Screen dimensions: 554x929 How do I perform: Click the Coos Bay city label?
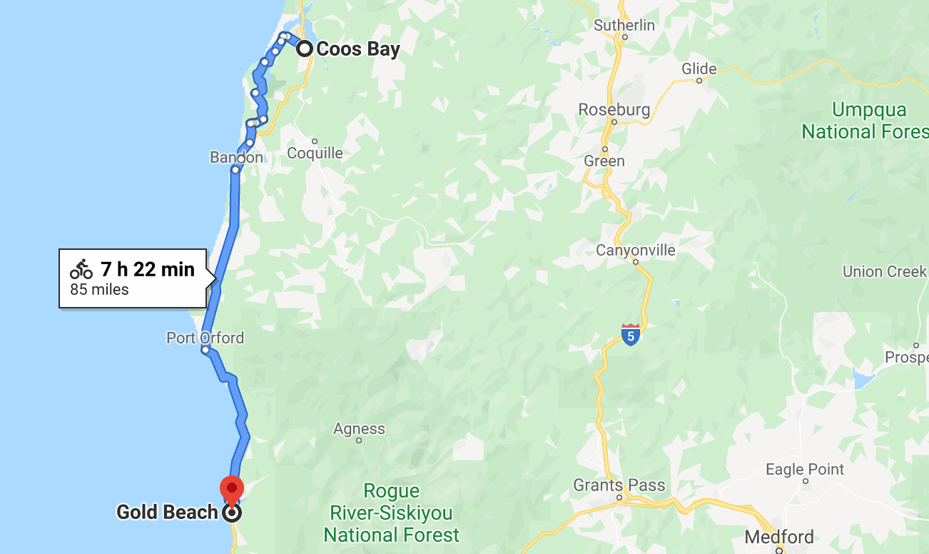tap(357, 49)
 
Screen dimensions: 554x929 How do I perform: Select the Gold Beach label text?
tap(167, 513)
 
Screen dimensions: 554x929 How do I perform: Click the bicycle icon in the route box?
tap(81, 269)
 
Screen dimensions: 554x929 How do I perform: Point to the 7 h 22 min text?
tap(147, 269)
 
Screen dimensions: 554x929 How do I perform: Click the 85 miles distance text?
tap(99, 290)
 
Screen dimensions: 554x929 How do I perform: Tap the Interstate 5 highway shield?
tap(630, 334)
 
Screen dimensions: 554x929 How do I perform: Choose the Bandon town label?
tap(236, 157)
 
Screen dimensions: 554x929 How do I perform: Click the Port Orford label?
tap(205, 338)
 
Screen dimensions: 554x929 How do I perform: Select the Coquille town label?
tap(315, 153)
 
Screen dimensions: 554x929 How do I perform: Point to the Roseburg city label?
tap(614, 110)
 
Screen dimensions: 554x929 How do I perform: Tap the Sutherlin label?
tap(624, 25)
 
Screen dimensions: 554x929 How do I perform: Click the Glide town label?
tap(699, 69)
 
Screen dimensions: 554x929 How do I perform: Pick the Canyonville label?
tap(636, 251)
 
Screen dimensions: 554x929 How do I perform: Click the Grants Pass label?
tap(619, 485)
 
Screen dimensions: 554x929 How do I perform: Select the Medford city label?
tap(778, 537)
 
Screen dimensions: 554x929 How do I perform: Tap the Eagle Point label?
tap(805, 470)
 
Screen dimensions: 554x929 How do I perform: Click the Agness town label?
tap(359, 429)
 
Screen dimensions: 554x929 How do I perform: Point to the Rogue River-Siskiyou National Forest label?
tap(391, 513)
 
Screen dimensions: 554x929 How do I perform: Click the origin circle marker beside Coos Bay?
tap(305, 49)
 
